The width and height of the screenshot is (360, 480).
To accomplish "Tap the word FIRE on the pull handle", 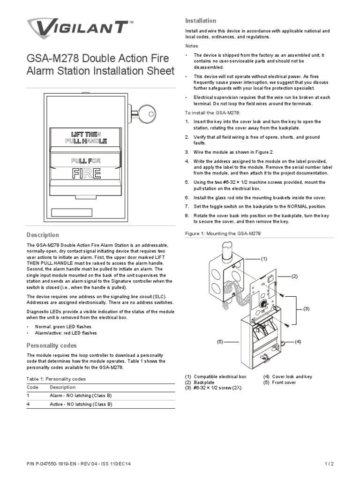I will pyautogui.click(x=86, y=173).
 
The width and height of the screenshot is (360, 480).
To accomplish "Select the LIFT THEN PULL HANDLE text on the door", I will pyautogui.click(x=86, y=138).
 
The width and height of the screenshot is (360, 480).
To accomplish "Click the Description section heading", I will pyautogui.click(x=43, y=235).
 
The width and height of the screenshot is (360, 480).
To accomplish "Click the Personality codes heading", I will pyautogui.click(x=52, y=345).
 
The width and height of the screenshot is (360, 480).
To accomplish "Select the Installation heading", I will pyautogui.click(x=201, y=21).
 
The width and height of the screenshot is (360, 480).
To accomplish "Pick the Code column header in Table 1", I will pyautogui.click(x=32, y=387).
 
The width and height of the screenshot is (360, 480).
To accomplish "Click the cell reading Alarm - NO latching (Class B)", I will pyautogui.click(x=81, y=396).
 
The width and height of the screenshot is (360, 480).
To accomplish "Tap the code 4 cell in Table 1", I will pyautogui.click(x=29, y=404).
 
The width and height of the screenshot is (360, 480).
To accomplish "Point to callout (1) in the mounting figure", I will pyautogui.click(x=264, y=259).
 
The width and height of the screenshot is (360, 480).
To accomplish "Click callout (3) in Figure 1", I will pyautogui.click(x=307, y=308).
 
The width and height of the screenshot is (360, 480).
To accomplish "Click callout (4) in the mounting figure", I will pyautogui.click(x=297, y=342).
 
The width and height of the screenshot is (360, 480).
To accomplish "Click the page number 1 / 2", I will pyautogui.click(x=329, y=464).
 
